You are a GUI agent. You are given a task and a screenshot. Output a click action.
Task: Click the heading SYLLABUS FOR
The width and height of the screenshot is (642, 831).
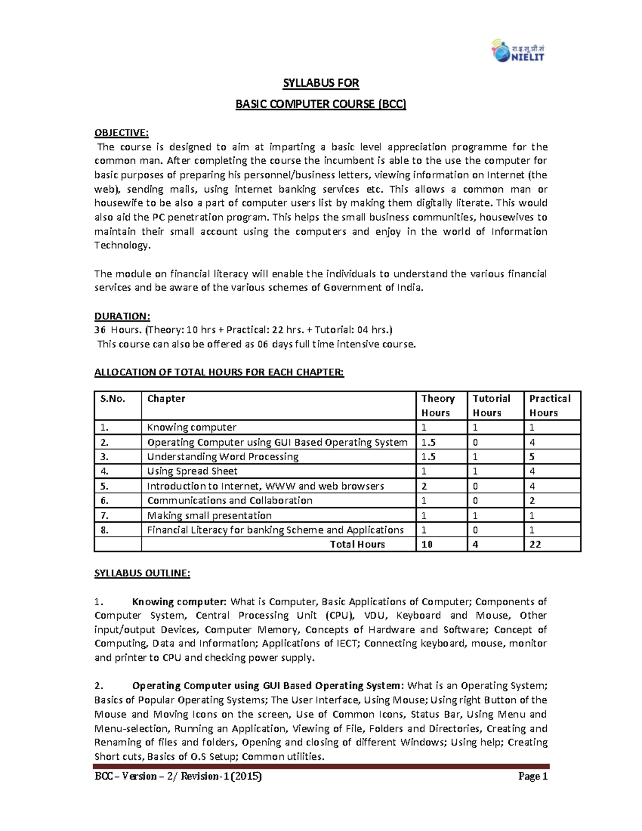[320, 83]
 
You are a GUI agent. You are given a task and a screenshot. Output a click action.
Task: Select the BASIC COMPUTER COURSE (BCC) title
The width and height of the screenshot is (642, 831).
[320, 104]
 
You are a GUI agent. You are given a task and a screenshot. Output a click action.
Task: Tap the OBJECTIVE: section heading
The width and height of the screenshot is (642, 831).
[121, 133]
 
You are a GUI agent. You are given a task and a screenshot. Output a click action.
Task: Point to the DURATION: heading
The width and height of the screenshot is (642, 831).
[123, 316]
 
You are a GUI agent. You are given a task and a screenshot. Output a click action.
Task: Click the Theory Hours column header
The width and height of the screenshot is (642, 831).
[438, 405]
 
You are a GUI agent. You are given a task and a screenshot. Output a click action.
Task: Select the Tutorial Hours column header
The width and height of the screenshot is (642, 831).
[491, 405]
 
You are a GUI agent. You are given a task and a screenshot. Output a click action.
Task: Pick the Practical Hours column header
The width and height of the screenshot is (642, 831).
[549, 405]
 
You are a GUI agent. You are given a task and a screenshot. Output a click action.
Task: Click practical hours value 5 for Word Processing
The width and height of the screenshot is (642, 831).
[532, 456]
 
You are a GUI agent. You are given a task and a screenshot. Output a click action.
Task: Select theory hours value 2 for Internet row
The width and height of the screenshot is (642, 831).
[424, 486]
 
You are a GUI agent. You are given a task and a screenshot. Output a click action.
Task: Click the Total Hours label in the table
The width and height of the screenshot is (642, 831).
[357, 544]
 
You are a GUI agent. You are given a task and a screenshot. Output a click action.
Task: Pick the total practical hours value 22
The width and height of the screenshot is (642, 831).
[535, 544]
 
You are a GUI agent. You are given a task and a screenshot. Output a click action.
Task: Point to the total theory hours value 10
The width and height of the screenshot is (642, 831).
[427, 544]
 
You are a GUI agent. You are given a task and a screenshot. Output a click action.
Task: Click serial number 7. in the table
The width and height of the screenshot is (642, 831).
[104, 515]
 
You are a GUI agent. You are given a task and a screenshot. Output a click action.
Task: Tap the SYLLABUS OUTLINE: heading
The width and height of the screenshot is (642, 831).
[142, 573]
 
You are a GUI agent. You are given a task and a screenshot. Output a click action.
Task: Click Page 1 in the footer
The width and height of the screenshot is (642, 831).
[533, 776]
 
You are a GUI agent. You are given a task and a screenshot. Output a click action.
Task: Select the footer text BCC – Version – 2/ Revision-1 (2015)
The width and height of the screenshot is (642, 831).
[178, 776]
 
